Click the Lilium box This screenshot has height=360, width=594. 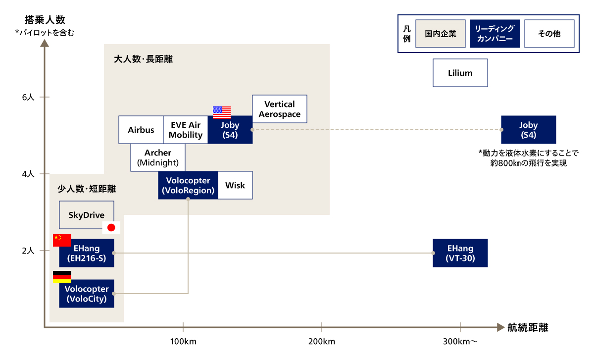[460, 73]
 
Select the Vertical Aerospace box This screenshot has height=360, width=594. [280, 109]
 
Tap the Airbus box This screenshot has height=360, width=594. [141, 130]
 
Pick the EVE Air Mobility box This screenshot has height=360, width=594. [186, 130]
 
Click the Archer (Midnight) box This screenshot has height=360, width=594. [158, 157]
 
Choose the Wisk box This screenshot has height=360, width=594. [235, 185]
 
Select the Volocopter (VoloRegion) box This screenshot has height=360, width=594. [188, 185]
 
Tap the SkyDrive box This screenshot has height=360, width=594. [87, 214]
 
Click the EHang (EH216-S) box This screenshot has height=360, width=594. [87, 253]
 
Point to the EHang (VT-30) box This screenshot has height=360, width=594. [460, 253]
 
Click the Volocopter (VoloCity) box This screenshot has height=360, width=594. [87, 294]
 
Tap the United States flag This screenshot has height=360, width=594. [222, 112]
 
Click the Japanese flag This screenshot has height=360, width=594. [111, 227]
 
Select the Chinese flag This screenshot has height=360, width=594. [62, 240]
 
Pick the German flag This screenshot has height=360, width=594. [62, 277]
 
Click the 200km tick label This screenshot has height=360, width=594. [322, 342]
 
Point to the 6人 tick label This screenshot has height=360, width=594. [28, 97]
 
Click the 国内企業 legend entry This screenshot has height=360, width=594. [441, 34]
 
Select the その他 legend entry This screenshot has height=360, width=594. [549, 34]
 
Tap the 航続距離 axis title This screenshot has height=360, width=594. [528, 327]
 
